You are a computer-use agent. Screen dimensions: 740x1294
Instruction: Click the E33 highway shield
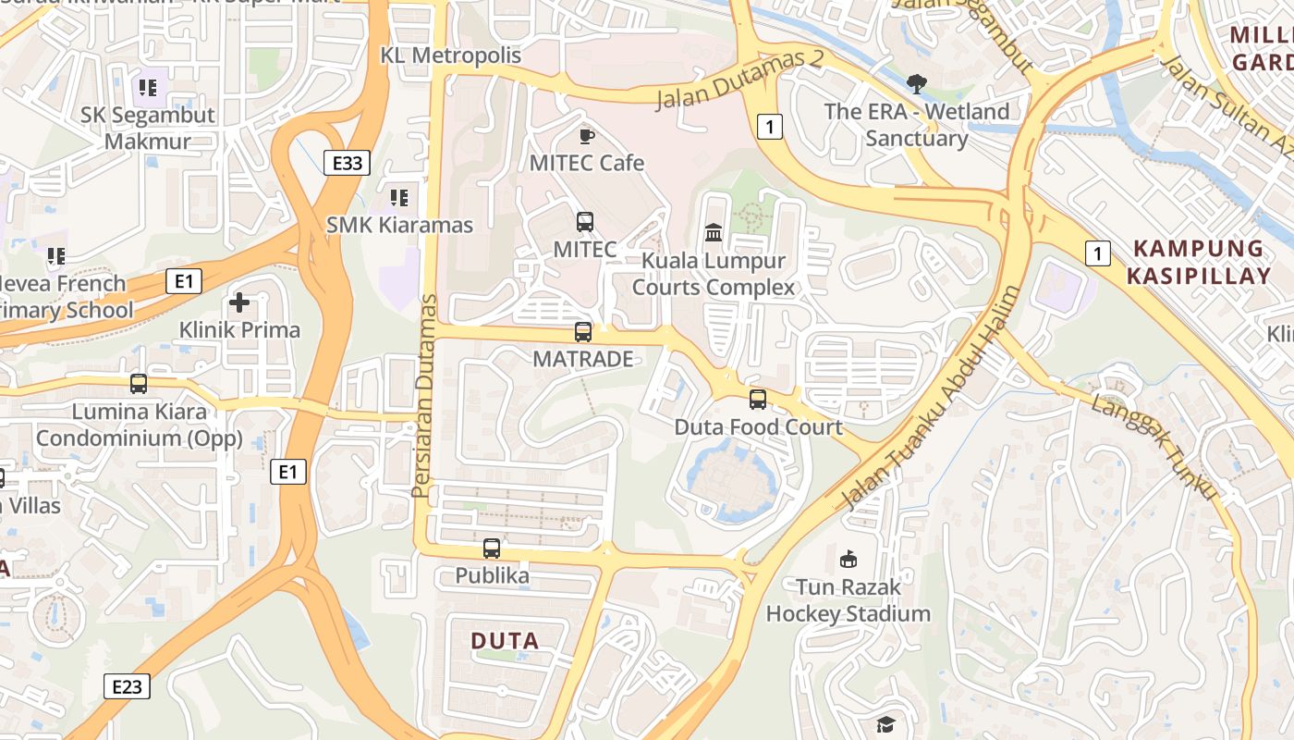(x=347, y=164)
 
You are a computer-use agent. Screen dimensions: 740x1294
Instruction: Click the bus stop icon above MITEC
(x=585, y=222)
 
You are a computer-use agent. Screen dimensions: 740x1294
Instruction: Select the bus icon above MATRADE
(x=583, y=332)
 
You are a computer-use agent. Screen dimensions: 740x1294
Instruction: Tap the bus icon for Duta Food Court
(x=758, y=400)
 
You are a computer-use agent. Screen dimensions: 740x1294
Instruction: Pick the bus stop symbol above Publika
(x=492, y=549)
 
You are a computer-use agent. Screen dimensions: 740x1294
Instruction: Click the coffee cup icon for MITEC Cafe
(x=586, y=137)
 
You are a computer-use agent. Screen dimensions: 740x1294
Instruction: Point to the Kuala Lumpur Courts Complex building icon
(x=714, y=232)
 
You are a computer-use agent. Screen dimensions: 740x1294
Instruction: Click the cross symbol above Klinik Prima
(x=239, y=302)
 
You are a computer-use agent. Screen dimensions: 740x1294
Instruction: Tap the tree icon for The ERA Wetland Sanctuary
(x=916, y=85)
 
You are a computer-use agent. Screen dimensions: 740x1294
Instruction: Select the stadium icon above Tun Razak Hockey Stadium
(x=848, y=559)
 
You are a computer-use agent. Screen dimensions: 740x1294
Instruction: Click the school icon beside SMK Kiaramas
(x=399, y=197)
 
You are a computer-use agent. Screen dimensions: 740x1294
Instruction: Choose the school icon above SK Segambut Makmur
(x=147, y=88)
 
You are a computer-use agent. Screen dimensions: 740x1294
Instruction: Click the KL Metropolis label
(x=451, y=55)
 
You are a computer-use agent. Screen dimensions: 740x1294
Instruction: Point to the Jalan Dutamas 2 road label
(x=739, y=80)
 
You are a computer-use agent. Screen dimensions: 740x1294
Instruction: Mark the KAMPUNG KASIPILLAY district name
(x=1200, y=262)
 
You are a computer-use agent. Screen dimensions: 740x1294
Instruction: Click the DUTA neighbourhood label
(x=505, y=640)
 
